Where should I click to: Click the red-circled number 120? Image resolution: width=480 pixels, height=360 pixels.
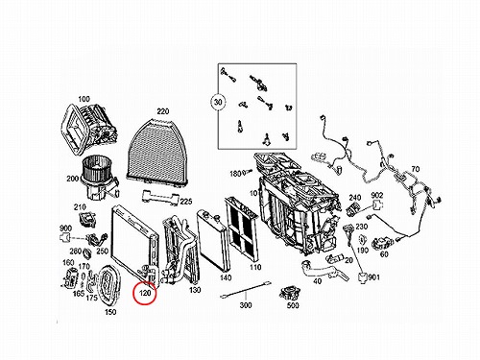pos(145,293)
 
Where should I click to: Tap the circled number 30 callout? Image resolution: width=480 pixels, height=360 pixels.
pos(218,103)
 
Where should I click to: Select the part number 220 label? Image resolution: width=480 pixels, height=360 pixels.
pos(163,111)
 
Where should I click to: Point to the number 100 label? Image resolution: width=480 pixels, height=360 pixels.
pos(84,99)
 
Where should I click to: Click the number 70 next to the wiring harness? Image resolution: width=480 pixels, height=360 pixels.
pos(415,169)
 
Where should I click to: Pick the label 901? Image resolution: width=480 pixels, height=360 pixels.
pos(373,277)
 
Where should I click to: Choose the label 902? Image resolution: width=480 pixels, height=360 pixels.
pos(377,195)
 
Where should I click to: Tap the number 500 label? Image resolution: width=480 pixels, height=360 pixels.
pos(293,305)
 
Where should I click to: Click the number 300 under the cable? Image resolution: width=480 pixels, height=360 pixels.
pos(246,305)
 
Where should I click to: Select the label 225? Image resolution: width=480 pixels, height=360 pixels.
pos(186,202)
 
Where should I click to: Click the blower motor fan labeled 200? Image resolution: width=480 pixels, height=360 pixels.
pos(99,177)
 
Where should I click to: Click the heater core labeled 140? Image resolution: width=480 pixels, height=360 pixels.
pos(212,241)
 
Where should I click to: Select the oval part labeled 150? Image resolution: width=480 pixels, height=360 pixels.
pos(108,286)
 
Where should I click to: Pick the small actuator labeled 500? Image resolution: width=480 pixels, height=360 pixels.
pos(290,293)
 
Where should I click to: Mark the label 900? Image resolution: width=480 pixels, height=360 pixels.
pos(65,228)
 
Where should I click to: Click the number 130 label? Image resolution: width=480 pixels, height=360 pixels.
pos(195,290)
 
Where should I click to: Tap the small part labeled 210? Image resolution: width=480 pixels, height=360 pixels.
pos(87,220)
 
